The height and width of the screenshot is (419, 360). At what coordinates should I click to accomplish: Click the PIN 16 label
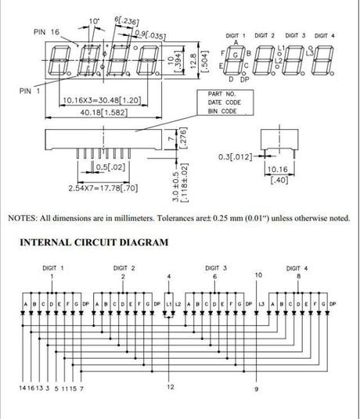click(46, 31)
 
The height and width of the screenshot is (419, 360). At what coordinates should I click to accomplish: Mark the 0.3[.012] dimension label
click(235, 157)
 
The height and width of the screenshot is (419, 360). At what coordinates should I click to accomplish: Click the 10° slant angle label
click(95, 20)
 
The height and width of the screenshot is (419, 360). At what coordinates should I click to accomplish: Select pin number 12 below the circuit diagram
click(171, 387)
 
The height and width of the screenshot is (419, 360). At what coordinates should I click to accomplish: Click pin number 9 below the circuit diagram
click(256, 388)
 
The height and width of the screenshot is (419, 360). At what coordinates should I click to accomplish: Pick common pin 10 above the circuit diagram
click(257, 275)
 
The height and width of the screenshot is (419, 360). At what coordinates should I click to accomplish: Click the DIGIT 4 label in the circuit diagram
click(298, 267)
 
